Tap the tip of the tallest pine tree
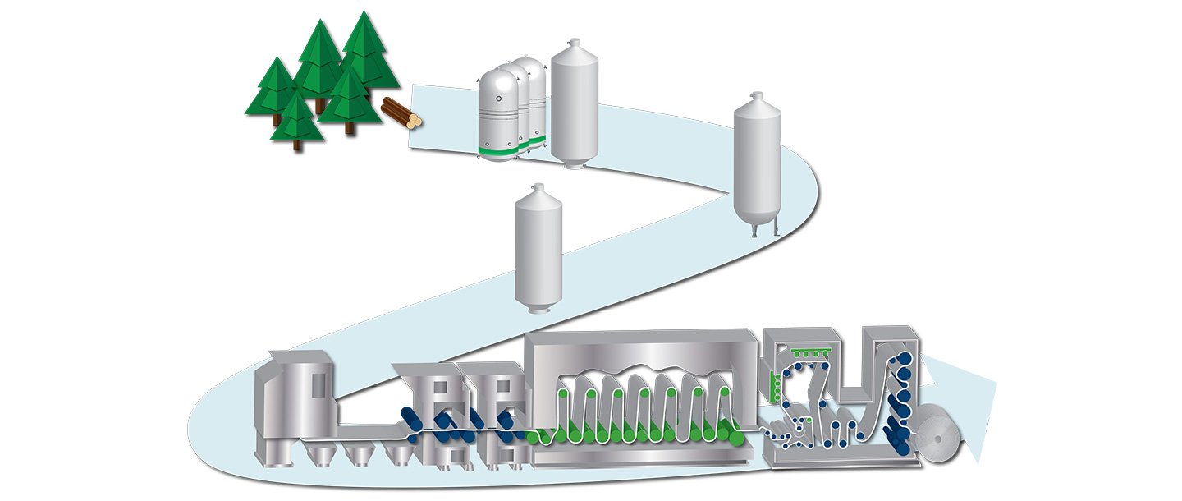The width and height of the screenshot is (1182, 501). [x=363, y=13]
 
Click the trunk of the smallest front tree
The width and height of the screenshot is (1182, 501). [x=297, y=145]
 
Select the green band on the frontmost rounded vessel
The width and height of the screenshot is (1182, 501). [x=499, y=150]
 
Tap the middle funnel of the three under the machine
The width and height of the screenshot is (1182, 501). [x=358, y=452]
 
